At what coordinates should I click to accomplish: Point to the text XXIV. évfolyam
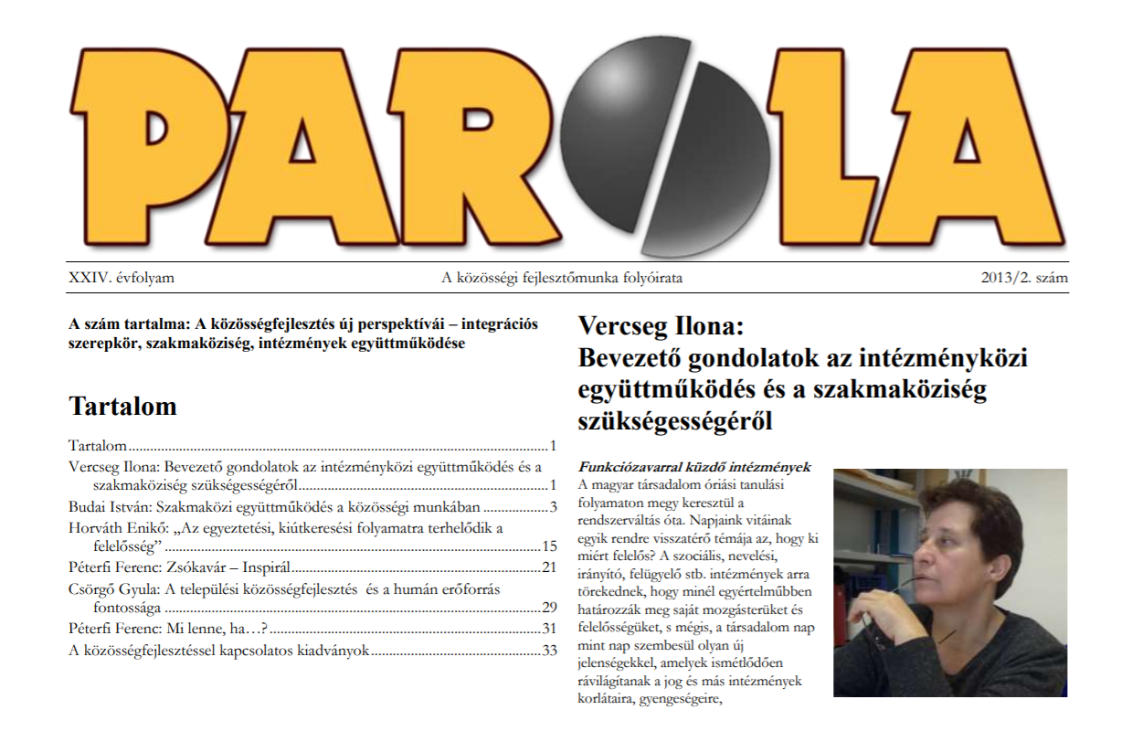pyautogui.click(x=122, y=278)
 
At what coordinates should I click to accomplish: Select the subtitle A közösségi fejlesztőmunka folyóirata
pyautogui.click(x=562, y=278)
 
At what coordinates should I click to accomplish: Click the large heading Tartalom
pyautogui.click(x=122, y=407)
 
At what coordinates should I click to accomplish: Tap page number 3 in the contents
pyautogui.click(x=553, y=506)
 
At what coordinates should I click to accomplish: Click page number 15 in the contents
pyautogui.click(x=549, y=546)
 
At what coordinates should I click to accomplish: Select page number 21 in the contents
pyautogui.click(x=549, y=567)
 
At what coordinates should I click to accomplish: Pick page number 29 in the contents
pyautogui.click(x=549, y=608)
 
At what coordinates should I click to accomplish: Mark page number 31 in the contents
pyautogui.click(x=549, y=629)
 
